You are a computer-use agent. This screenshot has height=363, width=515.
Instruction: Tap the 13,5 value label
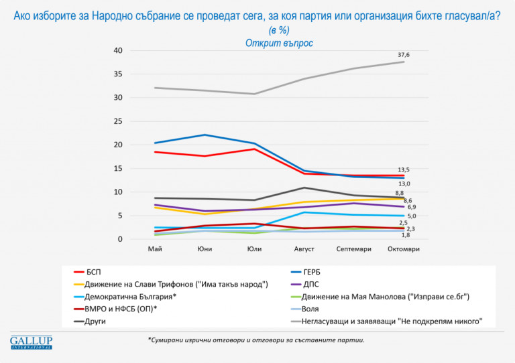pos(404,170)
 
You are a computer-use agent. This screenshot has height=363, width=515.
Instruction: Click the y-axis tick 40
pos(117,51)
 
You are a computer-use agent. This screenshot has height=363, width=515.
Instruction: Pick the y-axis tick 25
pos(117,121)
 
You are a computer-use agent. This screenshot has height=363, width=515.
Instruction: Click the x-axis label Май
pos(154,249)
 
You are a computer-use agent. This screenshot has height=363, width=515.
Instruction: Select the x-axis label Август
pos(304,249)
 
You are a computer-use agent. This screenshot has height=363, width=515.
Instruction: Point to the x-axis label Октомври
pos(404,249)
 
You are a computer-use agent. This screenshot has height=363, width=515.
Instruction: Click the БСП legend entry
pos(93,272)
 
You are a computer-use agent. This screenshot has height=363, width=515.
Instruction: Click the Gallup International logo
pos(31,342)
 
